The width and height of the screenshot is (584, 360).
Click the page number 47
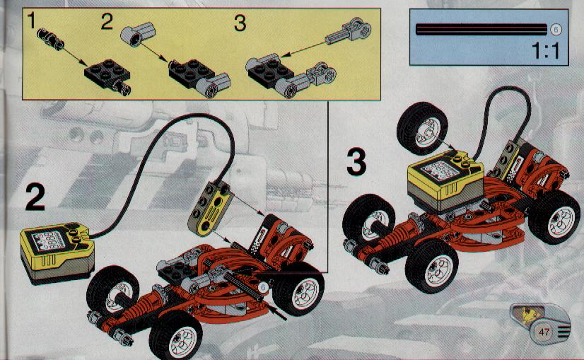(544, 331)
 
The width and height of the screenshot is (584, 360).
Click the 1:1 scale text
(545, 51)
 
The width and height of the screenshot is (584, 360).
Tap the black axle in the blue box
(481, 30)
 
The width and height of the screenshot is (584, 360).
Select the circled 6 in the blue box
(555, 30)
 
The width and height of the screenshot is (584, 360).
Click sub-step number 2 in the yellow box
(107, 21)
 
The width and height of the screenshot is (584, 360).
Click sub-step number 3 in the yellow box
(240, 23)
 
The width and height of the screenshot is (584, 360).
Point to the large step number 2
(35, 197)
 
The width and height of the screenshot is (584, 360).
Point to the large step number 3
(356, 161)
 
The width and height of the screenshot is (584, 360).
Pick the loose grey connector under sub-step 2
(137, 33)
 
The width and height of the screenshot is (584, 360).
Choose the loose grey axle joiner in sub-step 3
(349, 31)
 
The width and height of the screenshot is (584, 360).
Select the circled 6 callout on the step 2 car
(263, 287)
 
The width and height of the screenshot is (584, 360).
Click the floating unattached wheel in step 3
(422, 128)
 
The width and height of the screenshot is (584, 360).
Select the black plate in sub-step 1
(107, 74)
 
